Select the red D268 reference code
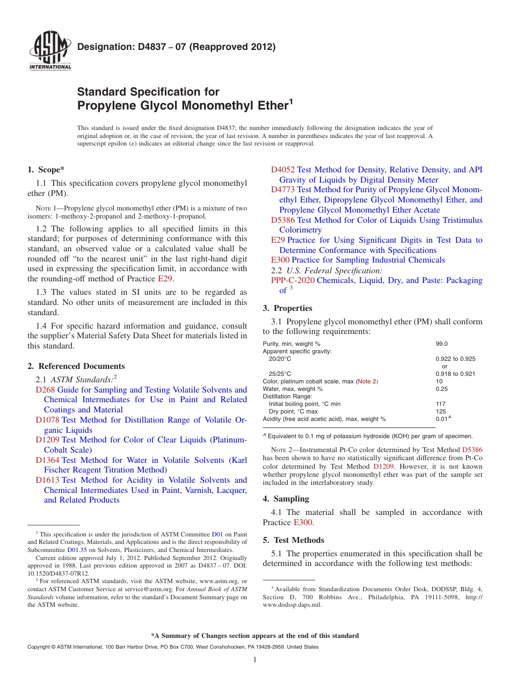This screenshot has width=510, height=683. click(45, 390)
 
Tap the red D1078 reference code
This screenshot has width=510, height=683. click(48, 420)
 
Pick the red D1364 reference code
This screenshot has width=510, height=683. click(48, 460)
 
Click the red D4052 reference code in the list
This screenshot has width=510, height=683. click(283, 170)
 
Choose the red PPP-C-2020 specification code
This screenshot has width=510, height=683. click(293, 280)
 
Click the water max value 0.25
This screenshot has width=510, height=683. click(442, 389)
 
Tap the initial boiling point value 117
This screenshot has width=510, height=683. click(441, 404)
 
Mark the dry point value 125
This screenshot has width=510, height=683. click(441, 411)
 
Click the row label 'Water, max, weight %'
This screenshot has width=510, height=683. click(293, 389)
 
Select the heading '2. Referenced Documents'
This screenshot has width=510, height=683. click(76, 366)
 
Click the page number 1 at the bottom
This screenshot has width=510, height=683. click(255, 659)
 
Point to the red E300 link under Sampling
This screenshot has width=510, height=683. click(303, 522)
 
